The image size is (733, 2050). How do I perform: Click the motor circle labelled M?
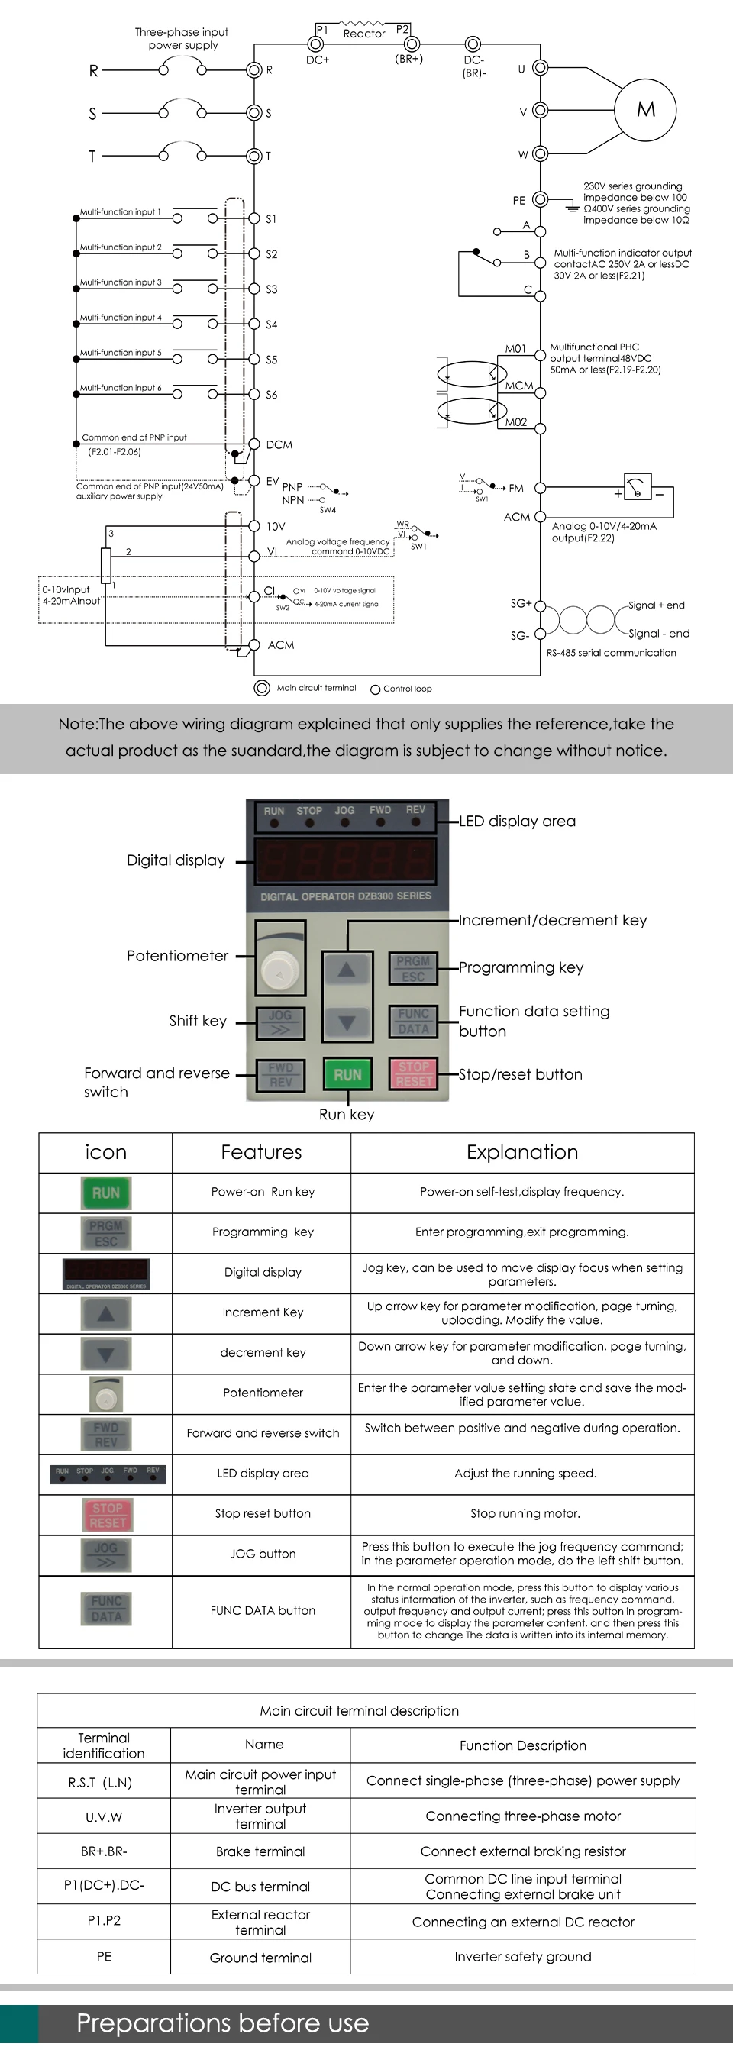pos(645,110)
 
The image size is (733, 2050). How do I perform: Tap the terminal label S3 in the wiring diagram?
pos(271,289)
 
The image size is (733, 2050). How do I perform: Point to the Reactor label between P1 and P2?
pos(363,34)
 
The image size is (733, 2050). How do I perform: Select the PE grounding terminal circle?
pos(540,200)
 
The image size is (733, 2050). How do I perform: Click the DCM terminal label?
pos(279,445)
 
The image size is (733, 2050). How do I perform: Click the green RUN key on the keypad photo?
pos(347,1074)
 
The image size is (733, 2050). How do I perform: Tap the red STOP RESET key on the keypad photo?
pos(413,1073)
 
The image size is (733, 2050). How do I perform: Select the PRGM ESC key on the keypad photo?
pos(413,968)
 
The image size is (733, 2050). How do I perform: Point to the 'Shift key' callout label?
pos(198,1021)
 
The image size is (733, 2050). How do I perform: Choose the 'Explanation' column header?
pos(522,1152)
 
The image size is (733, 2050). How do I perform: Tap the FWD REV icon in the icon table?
pos(106,1435)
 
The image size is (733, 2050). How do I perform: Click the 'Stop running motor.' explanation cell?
pos(525,1513)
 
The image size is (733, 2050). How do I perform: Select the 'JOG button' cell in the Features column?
pos(263,1554)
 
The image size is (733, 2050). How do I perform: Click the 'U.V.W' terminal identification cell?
pos(104,1818)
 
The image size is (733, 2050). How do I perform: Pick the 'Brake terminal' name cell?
pos(260,1851)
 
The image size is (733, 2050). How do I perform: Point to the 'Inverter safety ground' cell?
pos(523,1957)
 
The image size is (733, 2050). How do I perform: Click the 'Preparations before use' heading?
pos(223,2024)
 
